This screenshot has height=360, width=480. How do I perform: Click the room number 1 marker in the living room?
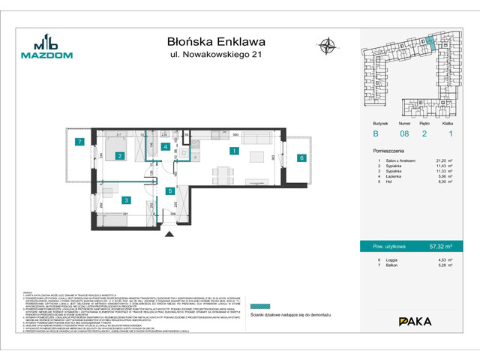point(234,151)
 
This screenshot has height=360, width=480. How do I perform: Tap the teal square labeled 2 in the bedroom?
point(119,156)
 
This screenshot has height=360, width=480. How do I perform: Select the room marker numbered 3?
point(127,199)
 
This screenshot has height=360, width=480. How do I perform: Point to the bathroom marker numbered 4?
point(165,147)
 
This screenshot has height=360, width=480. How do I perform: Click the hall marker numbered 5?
point(171,191)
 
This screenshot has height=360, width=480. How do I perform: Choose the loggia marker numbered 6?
point(301,158)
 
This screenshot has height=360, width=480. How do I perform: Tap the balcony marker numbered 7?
point(78,142)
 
